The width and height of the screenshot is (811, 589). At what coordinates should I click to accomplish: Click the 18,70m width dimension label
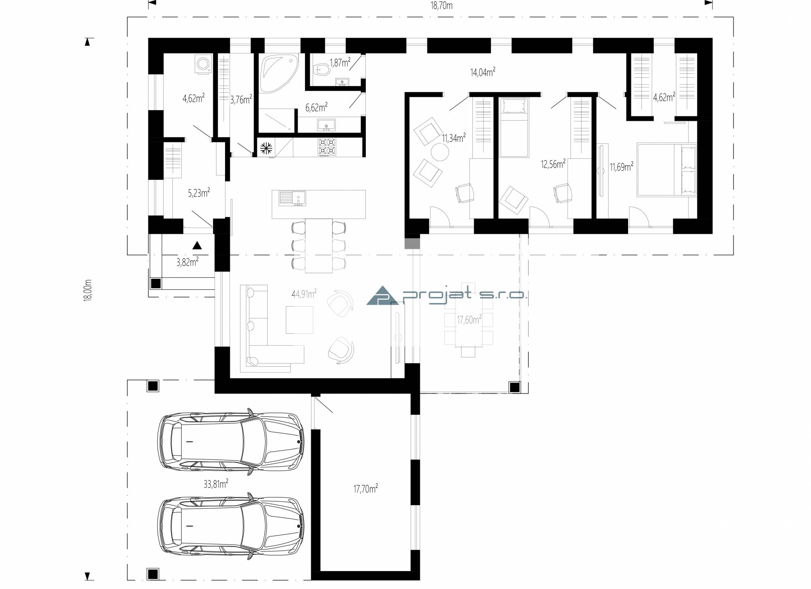point(441,5)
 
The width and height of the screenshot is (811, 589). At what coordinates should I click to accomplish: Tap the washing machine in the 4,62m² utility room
point(203,65)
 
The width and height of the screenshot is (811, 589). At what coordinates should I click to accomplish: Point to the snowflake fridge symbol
point(266,148)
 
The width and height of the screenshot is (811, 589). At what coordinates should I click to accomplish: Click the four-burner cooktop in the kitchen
point(327,147)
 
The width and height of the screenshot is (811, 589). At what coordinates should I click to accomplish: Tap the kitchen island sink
point(292,198)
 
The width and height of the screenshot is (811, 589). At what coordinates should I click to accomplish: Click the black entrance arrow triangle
point(197,245)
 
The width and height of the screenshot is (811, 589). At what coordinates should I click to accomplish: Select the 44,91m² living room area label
point(304,294)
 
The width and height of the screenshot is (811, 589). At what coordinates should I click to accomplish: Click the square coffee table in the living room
point(299,320)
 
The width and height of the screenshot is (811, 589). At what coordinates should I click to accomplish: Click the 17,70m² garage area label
point(366,489)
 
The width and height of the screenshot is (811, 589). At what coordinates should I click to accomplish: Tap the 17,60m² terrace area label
point(469,320)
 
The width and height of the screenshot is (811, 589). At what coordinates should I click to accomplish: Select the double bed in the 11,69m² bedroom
point(667,170)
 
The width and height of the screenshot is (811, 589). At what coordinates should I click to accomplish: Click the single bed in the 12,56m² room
point(514,128)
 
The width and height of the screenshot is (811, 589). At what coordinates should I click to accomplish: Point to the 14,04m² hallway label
point(483,72)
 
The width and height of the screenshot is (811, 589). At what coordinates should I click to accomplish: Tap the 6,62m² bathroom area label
point(316,107)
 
